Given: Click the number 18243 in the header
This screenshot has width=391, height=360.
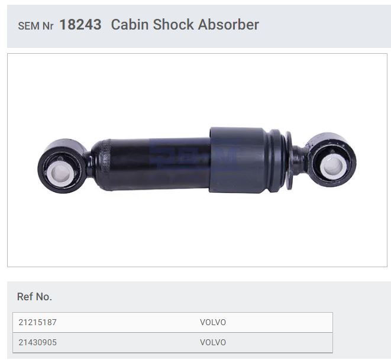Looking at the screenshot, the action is [80, 25].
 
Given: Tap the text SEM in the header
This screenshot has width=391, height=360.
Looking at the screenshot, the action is [28, 26].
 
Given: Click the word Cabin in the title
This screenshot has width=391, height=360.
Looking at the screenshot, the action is [130, 25].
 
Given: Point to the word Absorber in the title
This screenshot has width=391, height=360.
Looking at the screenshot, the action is [228, 25].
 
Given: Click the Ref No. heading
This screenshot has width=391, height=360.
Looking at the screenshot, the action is [34, 297].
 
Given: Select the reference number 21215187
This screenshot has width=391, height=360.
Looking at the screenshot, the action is [38, 322].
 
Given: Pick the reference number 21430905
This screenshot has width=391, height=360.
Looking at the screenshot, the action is [38, 342].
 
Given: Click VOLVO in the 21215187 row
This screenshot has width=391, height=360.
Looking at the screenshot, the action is [213, 322].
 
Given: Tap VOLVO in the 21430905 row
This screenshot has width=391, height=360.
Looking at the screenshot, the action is [213, 342].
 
